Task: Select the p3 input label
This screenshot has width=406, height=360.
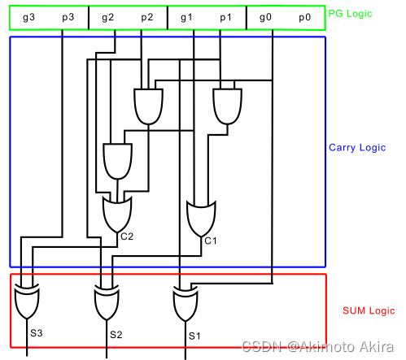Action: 67,17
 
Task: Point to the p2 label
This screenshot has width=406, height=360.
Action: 146,17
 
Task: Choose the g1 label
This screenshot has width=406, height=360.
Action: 186,17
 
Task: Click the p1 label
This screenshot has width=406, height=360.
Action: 225,17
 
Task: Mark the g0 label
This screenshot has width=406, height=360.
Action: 265,17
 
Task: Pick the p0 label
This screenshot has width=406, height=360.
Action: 304,17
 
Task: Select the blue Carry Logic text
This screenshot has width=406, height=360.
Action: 356,148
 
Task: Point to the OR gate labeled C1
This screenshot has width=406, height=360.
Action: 201,217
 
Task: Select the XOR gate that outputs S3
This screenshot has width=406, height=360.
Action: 28,304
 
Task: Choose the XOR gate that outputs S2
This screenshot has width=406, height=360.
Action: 107,304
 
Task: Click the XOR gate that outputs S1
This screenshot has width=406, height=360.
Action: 187,304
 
